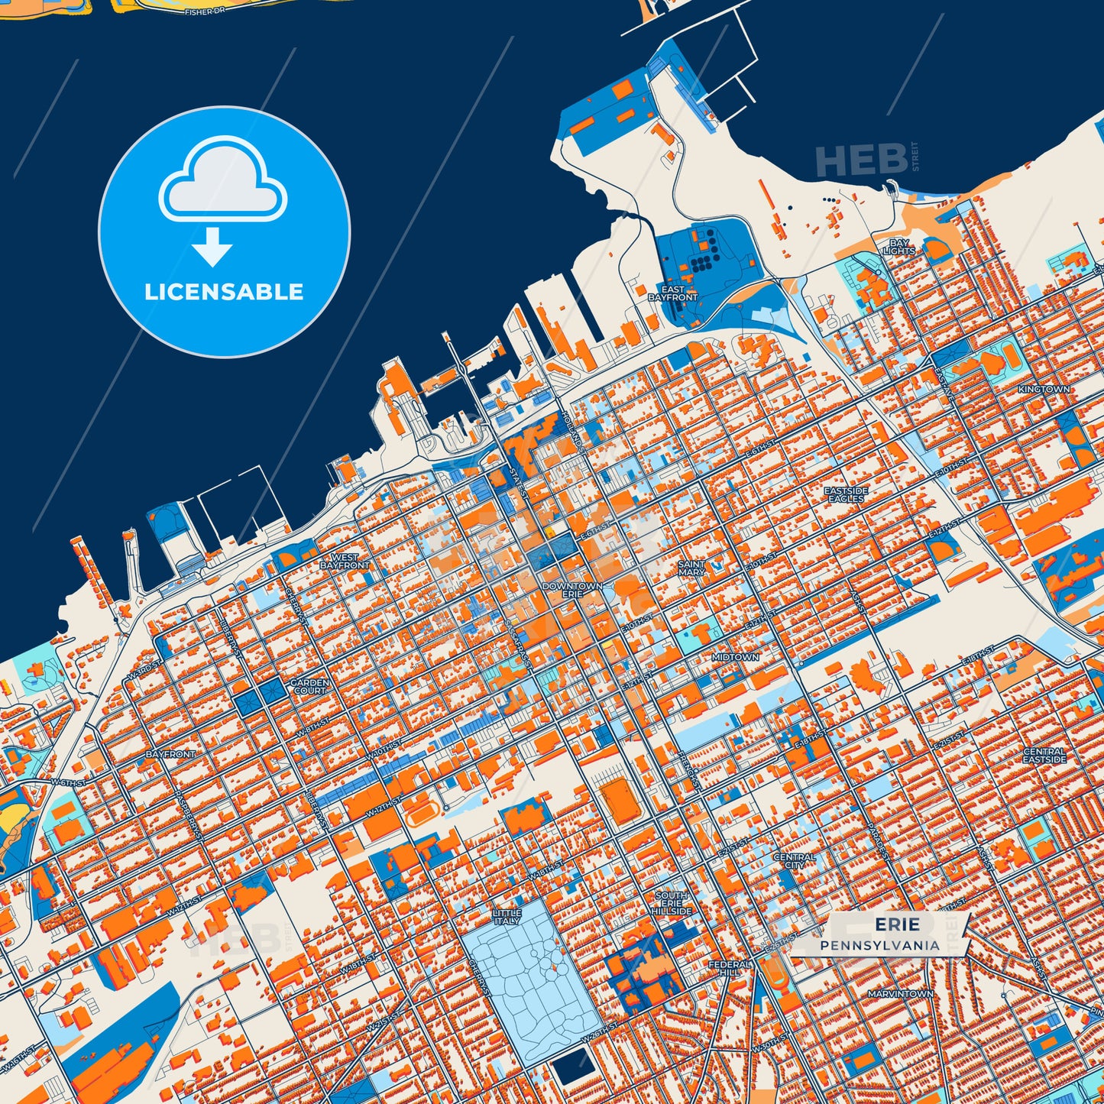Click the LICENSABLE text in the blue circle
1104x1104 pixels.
coord(224,292)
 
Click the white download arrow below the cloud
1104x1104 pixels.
coord(212,246)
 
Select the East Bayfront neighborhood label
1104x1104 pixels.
coord(672,293)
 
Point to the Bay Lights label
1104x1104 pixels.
coord(898,247)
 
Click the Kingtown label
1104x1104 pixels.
coord(1044,389)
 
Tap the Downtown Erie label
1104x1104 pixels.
coord(572,590)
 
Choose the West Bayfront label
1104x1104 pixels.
coord(345,562)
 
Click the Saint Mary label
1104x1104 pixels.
coord(691,568)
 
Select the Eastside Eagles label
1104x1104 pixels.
coord(847,494)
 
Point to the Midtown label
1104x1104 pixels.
coord(735,657)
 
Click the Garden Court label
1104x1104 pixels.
coord(309,686)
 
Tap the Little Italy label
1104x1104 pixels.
coord(507,917)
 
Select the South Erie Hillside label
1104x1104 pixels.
coord(672,903)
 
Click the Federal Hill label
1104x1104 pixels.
coord(730,969)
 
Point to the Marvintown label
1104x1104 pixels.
coord(900,994)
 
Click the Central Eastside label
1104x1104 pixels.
coord(1044,756)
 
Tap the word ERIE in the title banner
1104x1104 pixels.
coord(897,925)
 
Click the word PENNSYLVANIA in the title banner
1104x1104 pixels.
coord(880,945)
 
